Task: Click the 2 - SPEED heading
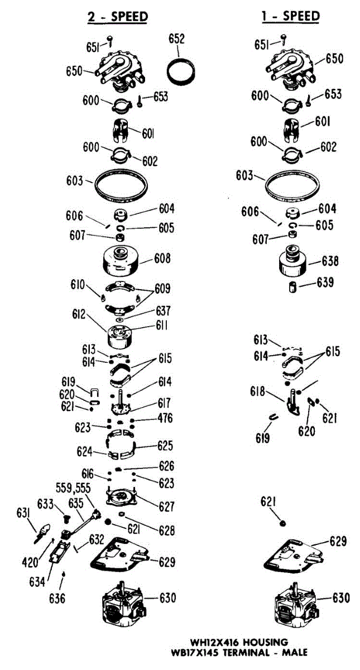pos(118,16)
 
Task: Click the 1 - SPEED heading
pos(291,16)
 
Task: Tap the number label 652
pos(177,39)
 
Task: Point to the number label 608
pos(162,258)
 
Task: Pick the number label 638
pos(330,261)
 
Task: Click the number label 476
pos(165,418)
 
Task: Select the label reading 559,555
pos(73,488)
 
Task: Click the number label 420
pos(30,562)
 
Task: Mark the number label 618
pos(258,391)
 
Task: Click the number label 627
pos(166,507)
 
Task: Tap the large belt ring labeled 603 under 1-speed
pos(292,187)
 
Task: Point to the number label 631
pos(23,514)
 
